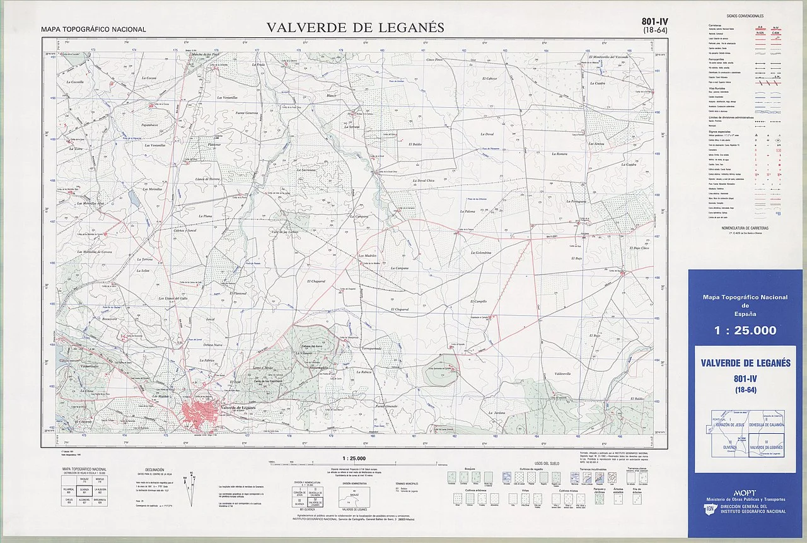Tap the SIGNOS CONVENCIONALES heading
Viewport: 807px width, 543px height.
click(744, 15)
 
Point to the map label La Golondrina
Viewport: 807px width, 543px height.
click(485, 253)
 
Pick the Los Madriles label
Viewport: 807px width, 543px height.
click(367, 255)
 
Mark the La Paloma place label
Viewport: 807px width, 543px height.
click(467, 211)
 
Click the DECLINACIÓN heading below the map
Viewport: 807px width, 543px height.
click(154, 470)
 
